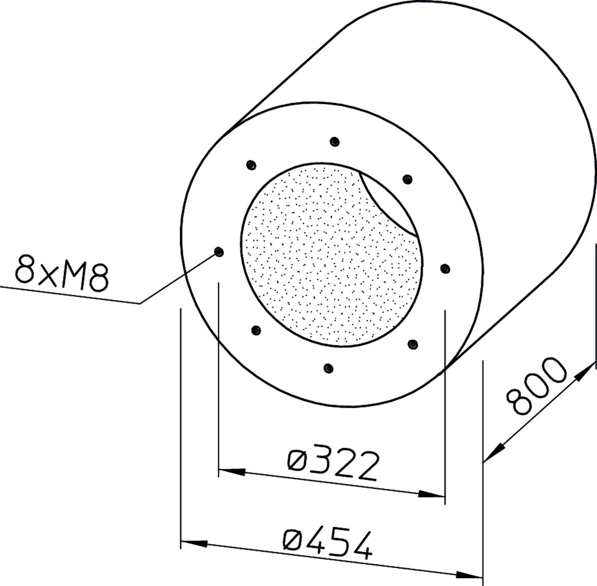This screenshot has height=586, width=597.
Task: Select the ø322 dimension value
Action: pos(334,466)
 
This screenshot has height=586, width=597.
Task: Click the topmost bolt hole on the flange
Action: pos(335,142)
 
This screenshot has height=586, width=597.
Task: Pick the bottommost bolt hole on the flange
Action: pos(328,368)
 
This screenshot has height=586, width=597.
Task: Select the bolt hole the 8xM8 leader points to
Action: pos(219,252)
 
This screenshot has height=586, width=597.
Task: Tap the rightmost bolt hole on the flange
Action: pos(444,269)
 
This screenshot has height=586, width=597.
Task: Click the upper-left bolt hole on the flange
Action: pos(251,165)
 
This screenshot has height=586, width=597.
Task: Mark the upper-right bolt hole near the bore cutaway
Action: pos(408,180)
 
